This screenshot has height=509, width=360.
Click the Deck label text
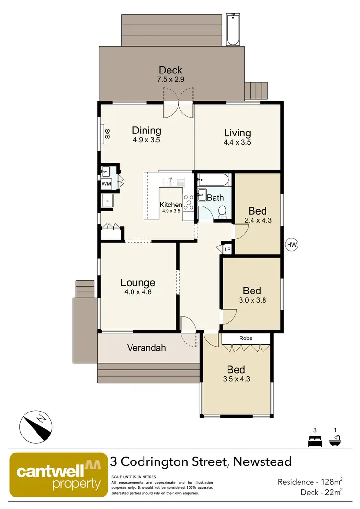point(171,71)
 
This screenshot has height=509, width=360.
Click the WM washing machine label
point(106,184)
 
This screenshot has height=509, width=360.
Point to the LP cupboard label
point(228,250)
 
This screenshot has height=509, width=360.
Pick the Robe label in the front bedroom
point(246,339)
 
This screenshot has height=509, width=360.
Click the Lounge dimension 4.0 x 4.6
point(138,291)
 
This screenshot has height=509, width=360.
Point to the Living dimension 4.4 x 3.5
point(237,142)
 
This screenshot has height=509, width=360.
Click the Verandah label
point(146,347)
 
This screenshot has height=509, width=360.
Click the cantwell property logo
point(59,474)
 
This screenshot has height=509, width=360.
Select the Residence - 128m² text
point(310,482)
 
